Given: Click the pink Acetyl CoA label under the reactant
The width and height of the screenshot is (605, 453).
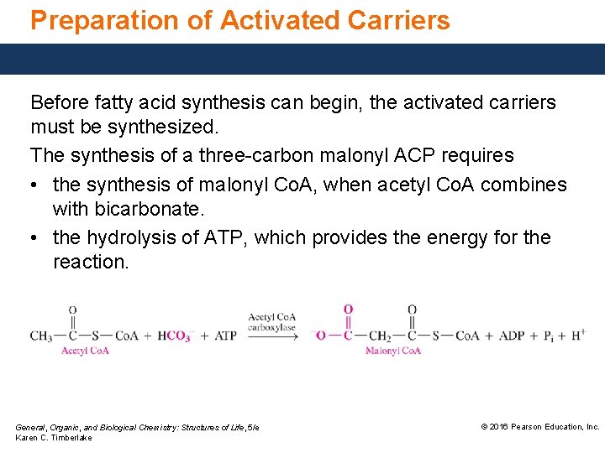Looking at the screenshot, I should [x=85, y=351].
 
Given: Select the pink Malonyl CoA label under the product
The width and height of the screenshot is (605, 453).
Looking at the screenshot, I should [x=392, y=351].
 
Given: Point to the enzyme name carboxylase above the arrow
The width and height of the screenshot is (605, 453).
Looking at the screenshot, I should [x=271, y=327].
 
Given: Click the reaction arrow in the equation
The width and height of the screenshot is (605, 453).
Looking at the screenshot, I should [x=271, y=336].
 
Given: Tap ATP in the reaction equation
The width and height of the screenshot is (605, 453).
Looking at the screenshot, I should [x=226, y=336].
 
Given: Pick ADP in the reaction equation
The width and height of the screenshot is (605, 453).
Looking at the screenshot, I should [x=512, y=336].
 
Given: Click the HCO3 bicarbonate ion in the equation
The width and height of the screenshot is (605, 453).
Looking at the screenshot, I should [x=173, y=336].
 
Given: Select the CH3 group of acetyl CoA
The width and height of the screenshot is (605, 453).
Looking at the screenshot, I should [x=41, y=336].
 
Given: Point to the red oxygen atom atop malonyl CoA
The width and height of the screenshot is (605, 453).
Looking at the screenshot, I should [x=348, y=310].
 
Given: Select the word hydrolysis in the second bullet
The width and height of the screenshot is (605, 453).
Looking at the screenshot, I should [x=127, y=237].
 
